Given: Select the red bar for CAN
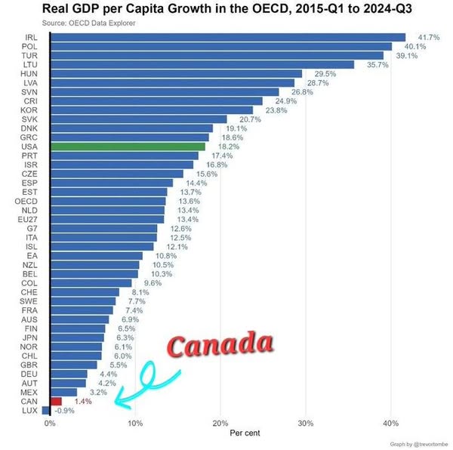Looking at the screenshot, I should pos(56,402).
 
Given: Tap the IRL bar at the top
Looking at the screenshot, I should pos(227,37).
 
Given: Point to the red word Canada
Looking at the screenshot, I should pos(219,346).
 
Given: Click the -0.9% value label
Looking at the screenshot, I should pos(66,411).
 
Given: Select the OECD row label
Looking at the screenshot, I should pos(28,201).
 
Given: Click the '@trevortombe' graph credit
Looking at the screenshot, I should pos(423,443).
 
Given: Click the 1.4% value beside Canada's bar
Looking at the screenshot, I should pos(85,402).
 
